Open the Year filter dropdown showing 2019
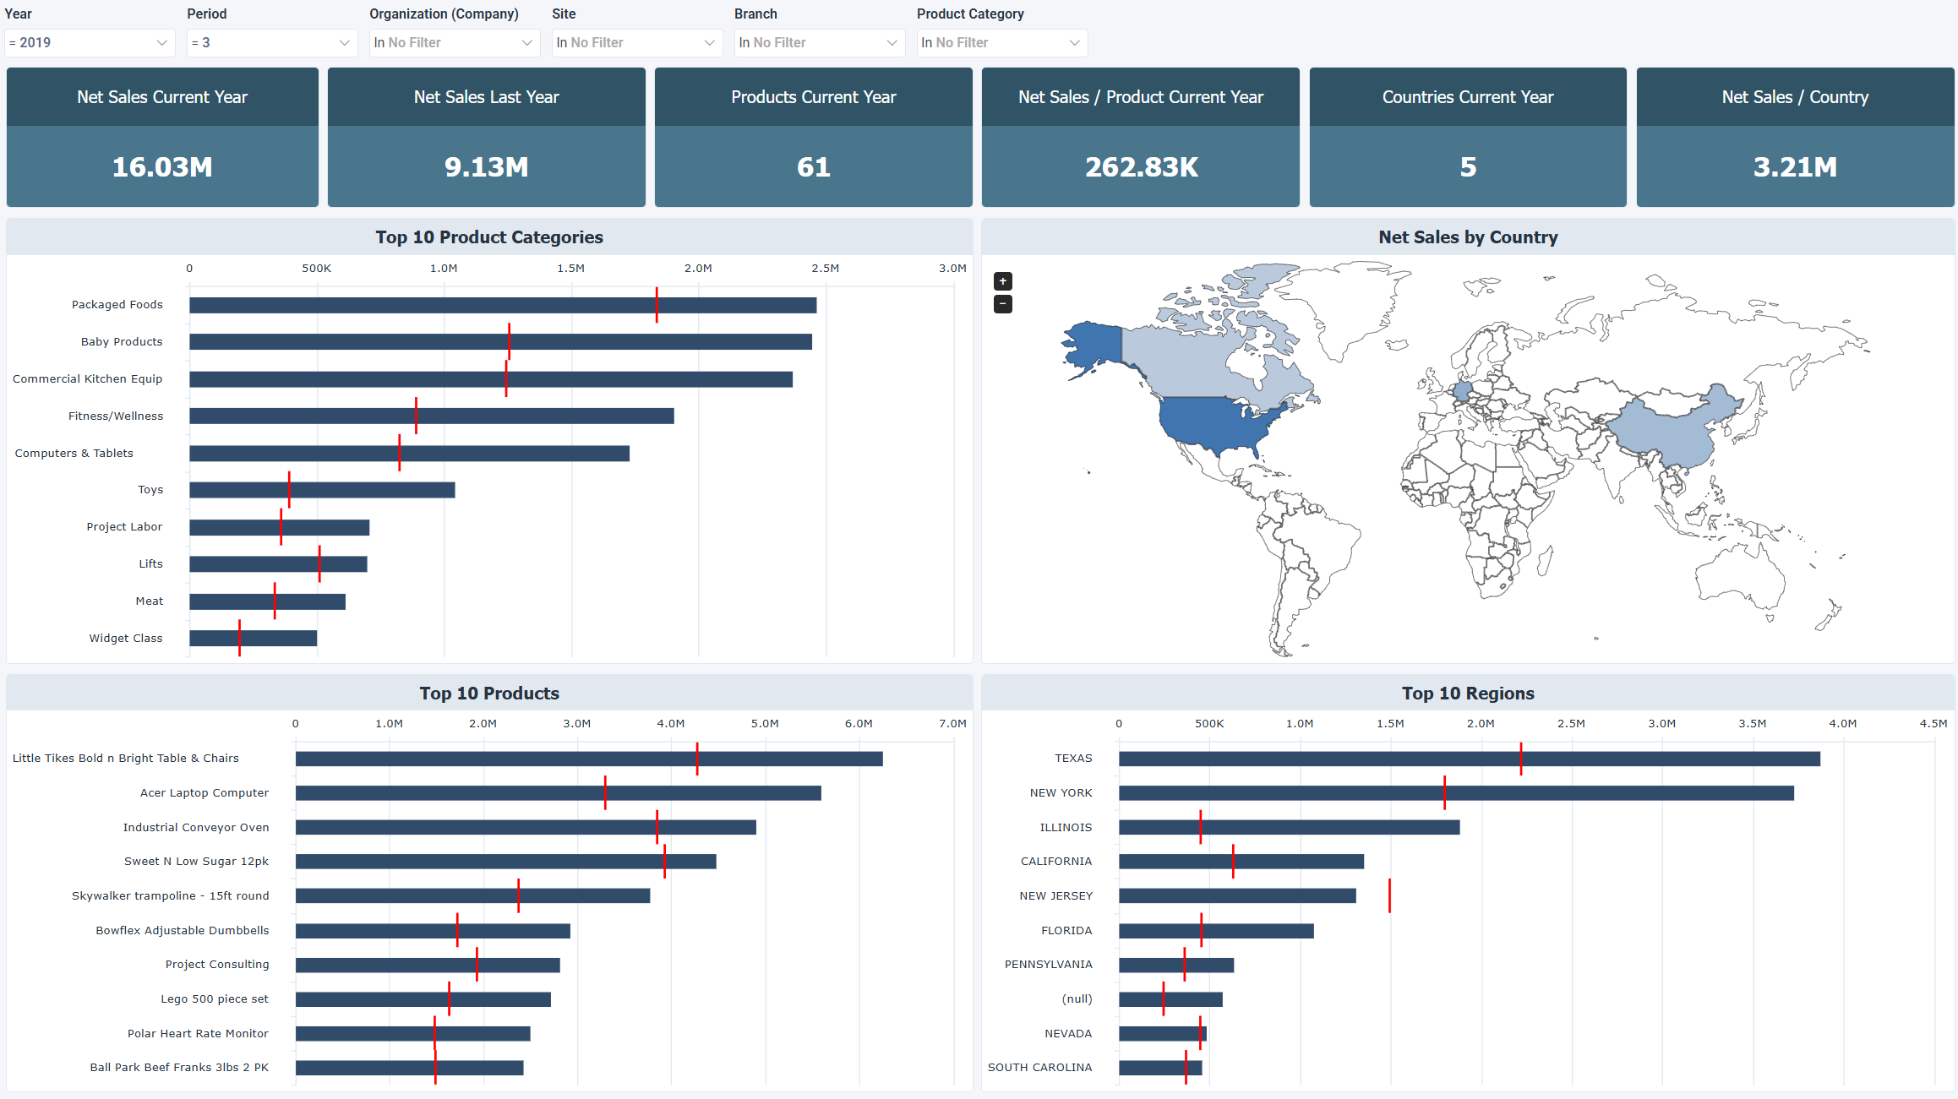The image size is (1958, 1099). [x=89, y=42]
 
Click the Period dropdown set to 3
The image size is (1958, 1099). [x=270, y=42]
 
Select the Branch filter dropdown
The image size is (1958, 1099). [x=818, y=42]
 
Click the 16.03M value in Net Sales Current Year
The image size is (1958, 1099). [x=162, y=167]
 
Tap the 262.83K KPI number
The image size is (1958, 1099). [x=1141, y=167]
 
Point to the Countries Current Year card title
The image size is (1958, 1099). [x=1467, y=97]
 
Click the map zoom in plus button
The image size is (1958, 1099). [x=1003, y=281]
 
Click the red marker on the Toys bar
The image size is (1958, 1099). [x=289, y=490]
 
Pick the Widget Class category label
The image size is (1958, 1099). [x=126, y=638]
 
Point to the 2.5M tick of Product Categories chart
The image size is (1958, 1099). [x=825, y=268]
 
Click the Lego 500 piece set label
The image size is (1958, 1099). [x=215, y=998]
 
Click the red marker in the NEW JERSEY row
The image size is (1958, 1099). [x=1389, y=895]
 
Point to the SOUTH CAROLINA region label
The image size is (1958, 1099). [x=1039, y=1067]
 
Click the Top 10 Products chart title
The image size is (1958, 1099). [x=489, y=693]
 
